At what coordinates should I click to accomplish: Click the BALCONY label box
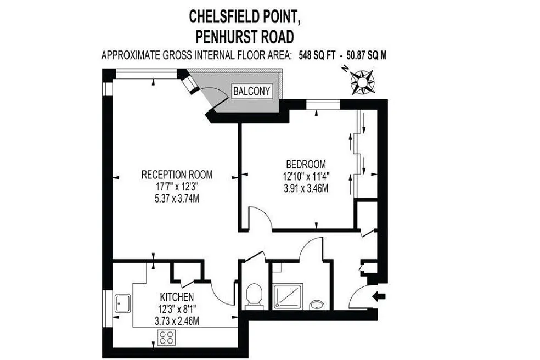252,91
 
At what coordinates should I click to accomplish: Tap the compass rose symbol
362,82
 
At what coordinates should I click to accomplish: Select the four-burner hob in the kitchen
166,337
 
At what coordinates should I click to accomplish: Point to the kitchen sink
122,303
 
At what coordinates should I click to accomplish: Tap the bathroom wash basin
317,305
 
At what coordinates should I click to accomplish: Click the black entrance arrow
379,296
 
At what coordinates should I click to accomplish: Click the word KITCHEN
177,297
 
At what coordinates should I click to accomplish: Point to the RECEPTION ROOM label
177,175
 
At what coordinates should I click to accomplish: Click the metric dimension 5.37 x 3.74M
177,199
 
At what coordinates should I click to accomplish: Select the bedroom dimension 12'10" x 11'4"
306,176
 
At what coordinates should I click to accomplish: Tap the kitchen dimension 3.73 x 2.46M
177,322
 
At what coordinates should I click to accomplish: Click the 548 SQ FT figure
316,55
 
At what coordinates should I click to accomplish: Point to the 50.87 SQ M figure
367,55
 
